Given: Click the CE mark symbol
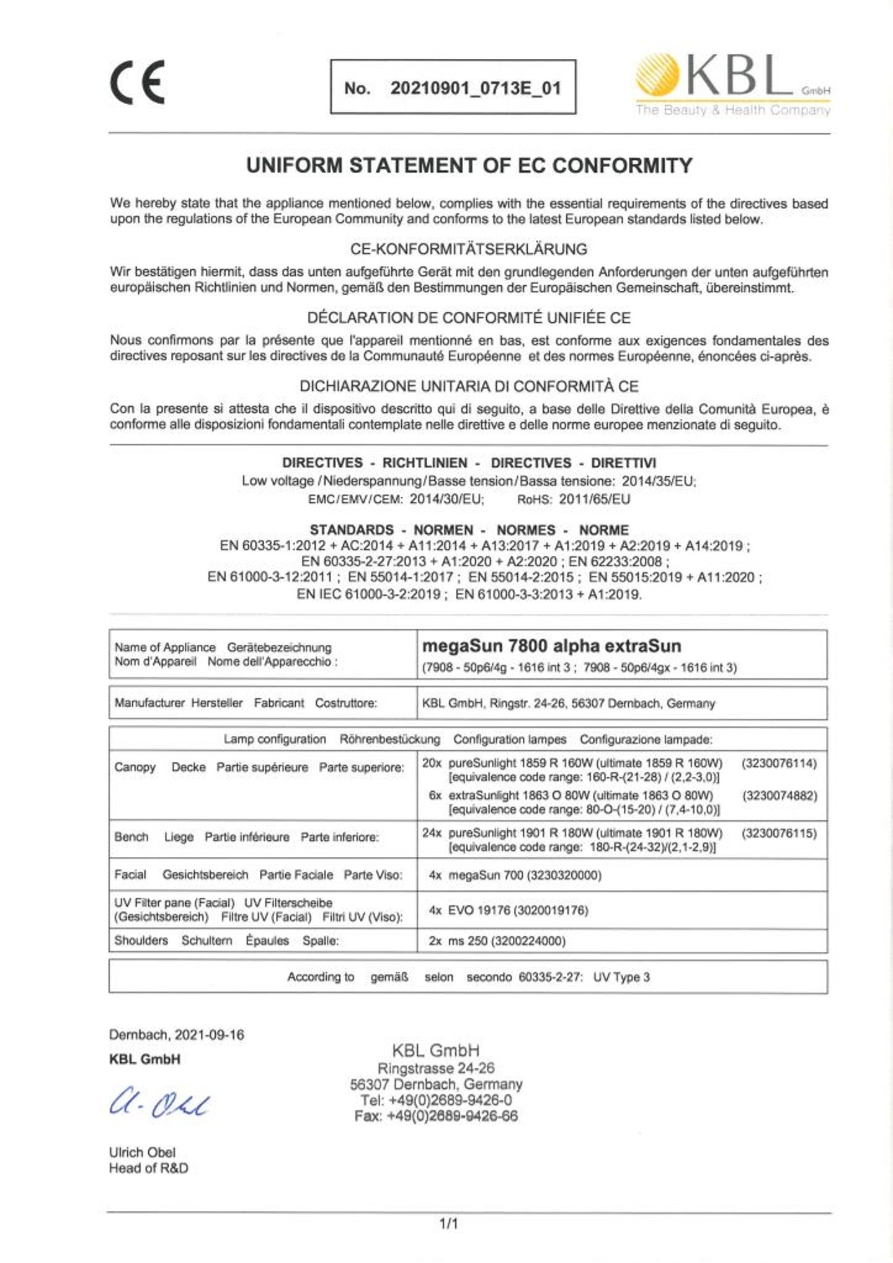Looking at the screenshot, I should coord(138,82).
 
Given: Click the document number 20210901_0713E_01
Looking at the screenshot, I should coord(475,88).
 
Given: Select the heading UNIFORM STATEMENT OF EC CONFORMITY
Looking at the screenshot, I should coord(469,166).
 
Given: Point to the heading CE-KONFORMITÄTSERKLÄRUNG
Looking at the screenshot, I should coord(469,249).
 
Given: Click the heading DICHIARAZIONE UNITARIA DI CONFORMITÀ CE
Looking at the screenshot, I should coord(469,386).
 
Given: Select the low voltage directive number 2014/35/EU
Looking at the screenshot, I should coord(658,481).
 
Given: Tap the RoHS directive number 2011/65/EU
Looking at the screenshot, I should coord(594,499).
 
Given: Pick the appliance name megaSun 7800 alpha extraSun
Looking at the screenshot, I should coord(551,646).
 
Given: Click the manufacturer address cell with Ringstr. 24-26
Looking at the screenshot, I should coord(568,703).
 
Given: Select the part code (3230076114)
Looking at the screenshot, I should coord(779,763).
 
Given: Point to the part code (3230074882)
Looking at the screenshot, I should coord(779,795).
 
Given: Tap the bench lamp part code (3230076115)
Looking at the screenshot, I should coord(779,833).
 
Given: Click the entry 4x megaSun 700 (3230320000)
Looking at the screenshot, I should coord(515,875).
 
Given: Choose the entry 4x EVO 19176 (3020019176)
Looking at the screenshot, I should coord(509,910).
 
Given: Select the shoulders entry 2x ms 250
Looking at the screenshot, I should coord(497,941).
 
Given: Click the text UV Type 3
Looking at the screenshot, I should coord(621,977).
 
